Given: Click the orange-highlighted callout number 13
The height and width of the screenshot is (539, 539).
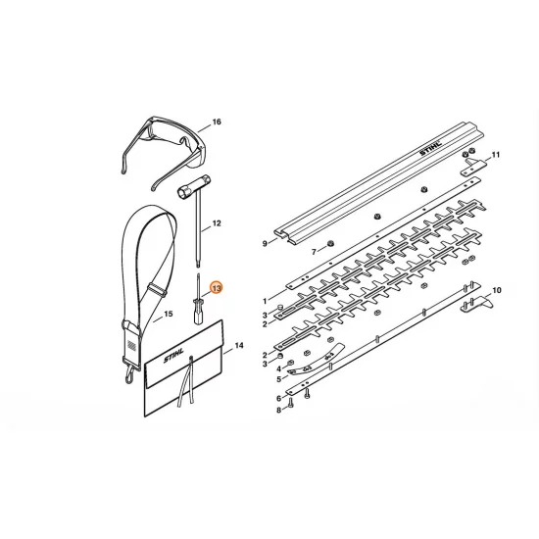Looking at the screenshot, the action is point(217,288).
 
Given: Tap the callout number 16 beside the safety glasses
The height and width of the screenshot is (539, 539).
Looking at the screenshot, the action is point(217,122).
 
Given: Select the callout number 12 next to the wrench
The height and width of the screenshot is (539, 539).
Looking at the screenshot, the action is point(217,223).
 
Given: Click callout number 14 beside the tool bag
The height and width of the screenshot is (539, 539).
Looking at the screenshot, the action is point(239,346).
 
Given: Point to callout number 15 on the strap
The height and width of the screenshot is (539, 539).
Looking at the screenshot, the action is point(169,314).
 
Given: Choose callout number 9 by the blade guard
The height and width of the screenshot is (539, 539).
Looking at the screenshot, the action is point(265,244).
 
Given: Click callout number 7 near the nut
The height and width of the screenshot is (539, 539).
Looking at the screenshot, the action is point(314,252).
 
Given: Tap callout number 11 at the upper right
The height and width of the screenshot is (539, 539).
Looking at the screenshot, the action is point(495,155).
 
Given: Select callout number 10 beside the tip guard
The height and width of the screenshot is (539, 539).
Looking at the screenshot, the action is point(497,290).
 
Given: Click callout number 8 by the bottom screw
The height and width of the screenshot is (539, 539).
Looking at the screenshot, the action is point(278,410).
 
